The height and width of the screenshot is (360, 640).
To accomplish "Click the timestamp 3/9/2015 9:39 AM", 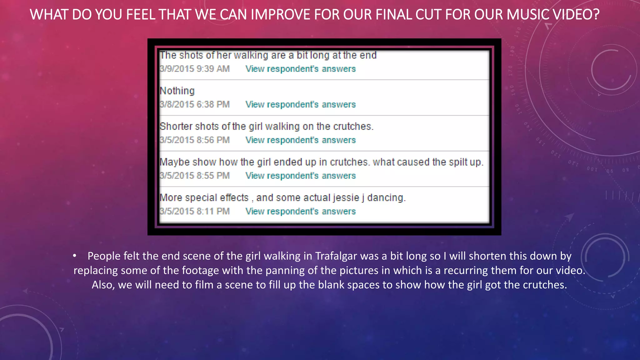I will [195, 69].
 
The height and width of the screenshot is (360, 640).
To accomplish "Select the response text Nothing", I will [177, 91].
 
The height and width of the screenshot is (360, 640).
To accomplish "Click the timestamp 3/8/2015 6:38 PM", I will [195, 104].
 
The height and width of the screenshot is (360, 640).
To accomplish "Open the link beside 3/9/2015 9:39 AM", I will [300, 69].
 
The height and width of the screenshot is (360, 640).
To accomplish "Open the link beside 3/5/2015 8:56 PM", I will [300, 140].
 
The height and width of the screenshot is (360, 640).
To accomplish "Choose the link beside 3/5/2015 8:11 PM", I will [300, 211].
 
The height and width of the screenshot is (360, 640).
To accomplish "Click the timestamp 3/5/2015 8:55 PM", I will [195, 176].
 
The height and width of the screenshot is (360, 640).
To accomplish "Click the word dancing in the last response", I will [386, 198].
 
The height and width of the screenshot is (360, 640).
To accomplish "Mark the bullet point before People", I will [74, 256].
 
